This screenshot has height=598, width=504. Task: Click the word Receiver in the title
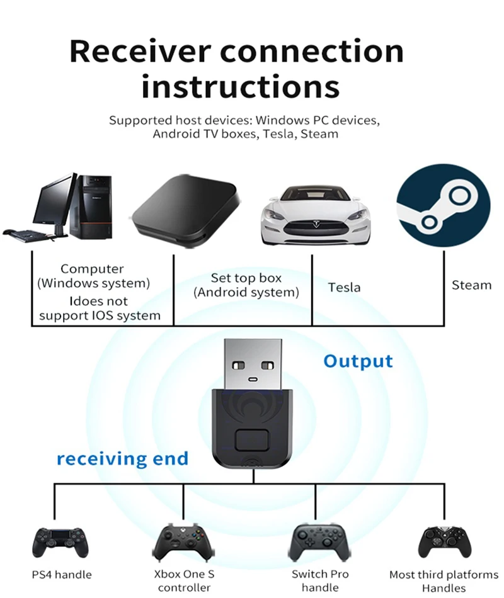click(x=140, y=51)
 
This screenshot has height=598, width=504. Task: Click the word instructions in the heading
click(x=241, y=87)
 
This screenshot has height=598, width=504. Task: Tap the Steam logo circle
click(x=444, y=206)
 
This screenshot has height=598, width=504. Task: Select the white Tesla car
click(x=316, y=215)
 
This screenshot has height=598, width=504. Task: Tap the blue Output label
click(x=358, y=361)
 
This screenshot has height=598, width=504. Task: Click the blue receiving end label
click(x=123, y=459)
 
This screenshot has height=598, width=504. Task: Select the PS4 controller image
click(x=60, y=543)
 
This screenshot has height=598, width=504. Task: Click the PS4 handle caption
click(x=62, y=575)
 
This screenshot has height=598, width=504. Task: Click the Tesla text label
click(x=344, y=287)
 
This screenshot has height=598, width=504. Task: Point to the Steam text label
click(x=471, y=285)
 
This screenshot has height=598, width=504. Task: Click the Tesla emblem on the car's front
click(x=316, y=224)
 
